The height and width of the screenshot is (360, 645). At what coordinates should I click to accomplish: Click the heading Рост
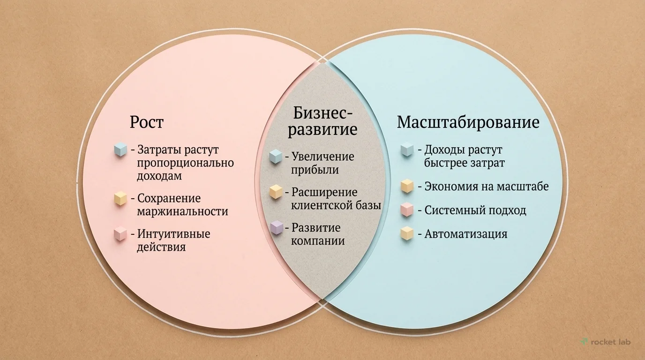point(147,122)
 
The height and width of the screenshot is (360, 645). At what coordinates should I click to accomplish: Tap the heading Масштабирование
point(468,122)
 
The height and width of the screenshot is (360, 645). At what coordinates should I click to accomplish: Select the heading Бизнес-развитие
point(322,120)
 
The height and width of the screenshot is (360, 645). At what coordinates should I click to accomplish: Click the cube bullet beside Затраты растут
point(121,150)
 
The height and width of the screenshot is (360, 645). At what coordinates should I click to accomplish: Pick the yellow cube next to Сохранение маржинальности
point(121,198)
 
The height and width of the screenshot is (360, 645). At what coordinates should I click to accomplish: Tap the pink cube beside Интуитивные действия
point(121,233)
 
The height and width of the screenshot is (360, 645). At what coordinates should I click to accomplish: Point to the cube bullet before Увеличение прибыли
point(276,156)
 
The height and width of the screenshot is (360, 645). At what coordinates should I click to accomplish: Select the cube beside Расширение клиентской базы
point(276,192)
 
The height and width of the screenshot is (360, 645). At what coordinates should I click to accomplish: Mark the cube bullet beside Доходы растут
point(407,150)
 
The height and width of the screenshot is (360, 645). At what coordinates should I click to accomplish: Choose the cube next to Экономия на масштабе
point(407,186)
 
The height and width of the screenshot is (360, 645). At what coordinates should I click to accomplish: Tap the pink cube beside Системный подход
point(407,210)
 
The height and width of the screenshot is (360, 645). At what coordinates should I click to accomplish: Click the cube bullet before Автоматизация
point(407,233)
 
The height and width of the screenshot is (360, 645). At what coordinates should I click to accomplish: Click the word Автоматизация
point(465,233)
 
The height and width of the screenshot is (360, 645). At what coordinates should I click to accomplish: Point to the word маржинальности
point(182,211)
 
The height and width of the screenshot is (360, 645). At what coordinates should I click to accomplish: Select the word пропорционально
point(185,163)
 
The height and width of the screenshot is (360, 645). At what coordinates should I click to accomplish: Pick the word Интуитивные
point(173,233)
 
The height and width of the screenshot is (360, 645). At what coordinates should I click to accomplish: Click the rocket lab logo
point(606,342)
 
